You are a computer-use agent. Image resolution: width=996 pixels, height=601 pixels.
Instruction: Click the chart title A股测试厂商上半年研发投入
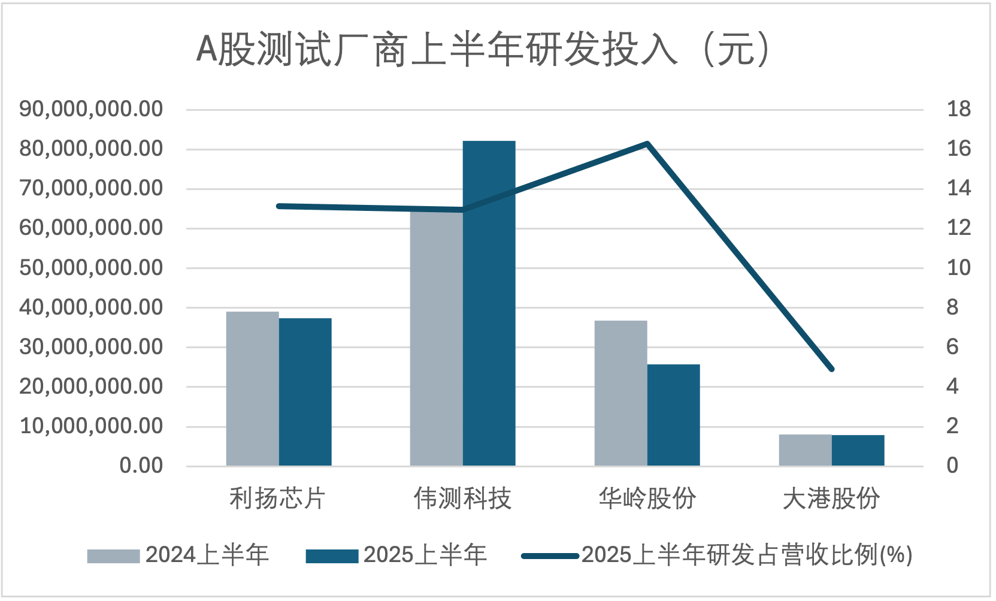483,49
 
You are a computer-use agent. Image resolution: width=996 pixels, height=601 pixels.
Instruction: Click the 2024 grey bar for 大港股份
805,450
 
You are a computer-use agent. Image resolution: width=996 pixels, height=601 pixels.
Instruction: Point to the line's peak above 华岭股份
647,144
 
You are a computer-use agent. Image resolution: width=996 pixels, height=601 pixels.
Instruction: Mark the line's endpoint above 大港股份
831,369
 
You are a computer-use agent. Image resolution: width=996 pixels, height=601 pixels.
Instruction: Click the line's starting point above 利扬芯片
279,206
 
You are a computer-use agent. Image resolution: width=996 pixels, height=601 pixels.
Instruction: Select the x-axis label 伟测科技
462,499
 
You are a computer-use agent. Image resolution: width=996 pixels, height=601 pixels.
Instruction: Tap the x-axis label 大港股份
831,499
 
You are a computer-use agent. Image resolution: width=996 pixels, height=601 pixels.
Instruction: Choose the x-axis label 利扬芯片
277,499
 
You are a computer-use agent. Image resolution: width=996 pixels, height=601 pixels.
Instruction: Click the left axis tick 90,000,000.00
91,109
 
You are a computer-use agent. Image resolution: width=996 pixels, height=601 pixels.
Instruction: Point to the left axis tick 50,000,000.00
91,268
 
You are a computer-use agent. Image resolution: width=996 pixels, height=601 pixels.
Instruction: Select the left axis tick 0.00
141,466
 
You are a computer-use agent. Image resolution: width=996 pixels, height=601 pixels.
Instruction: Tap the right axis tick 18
958,109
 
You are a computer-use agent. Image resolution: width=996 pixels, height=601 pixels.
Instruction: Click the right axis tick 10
958,268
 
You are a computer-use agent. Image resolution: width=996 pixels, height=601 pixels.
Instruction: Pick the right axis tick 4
952,386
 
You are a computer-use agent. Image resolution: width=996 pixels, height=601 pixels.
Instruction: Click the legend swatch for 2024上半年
113,556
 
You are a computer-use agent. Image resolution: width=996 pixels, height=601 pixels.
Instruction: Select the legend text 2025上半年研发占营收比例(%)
747,555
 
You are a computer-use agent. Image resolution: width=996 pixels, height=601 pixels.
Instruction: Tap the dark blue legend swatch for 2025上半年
332,556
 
